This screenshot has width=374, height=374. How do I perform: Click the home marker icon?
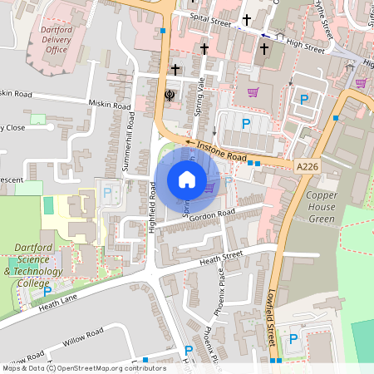(x=187, y=180)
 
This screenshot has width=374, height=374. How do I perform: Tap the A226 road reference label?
(x=306, y=166)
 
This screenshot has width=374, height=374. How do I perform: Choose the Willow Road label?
(x=82, y=337)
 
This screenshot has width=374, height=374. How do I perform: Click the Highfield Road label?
(x=154, y=208)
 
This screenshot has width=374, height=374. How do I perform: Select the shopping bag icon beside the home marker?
(x=209, y=187)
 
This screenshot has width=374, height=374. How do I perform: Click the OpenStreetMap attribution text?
(x=83, y=368)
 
